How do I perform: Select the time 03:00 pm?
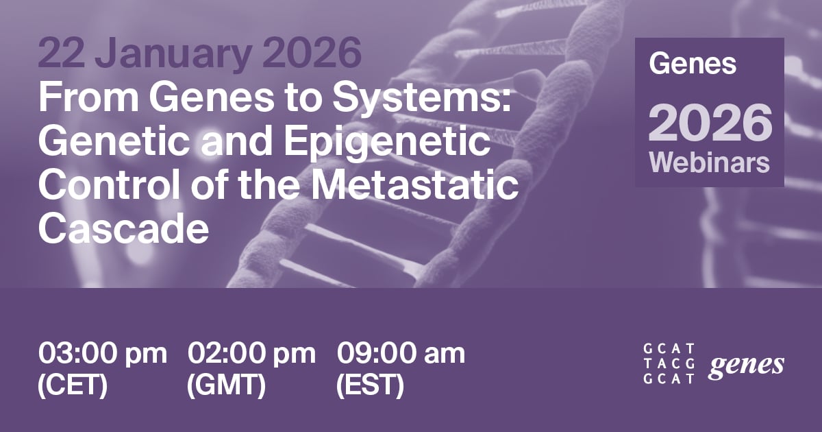point(103,354)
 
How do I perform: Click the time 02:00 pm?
point(252,354)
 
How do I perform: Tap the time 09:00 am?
point(401,354)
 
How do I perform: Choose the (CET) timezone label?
point(73,386)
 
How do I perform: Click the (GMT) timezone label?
point(226,386)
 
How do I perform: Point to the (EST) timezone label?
point(370,386)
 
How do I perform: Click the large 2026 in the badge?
point(710,123)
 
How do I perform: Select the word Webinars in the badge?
point(710,164)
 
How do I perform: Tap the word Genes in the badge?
point(693,64)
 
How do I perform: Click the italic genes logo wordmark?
point(747,365)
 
